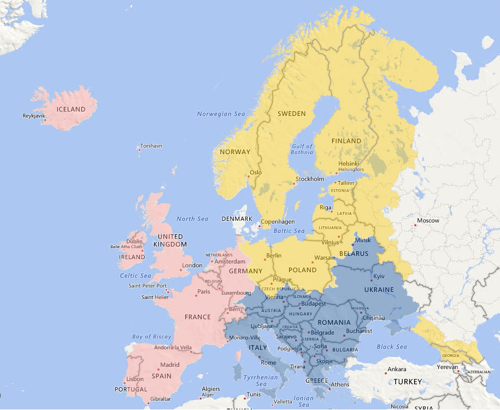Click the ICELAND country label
tap(71, 109)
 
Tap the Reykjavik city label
tap(33, 116)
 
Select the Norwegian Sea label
tap(221, 114)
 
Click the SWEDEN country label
tap(291, 114)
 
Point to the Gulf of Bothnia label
tap(302, 149)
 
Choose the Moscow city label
tap(428, 221)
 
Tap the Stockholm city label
tap(310, 179)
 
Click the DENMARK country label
tap(237, 219)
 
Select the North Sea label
tap(192, 219)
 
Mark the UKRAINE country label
tap(379, 289)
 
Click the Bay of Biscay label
tap(152, 337)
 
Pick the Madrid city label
tap(169, 365)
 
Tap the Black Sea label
tap(392, 347)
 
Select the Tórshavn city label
tap(151, 146)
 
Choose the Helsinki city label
tap(349, 163)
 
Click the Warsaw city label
tap(324, 257)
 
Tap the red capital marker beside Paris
tap(195, 296)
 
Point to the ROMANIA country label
tap(333, 323)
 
